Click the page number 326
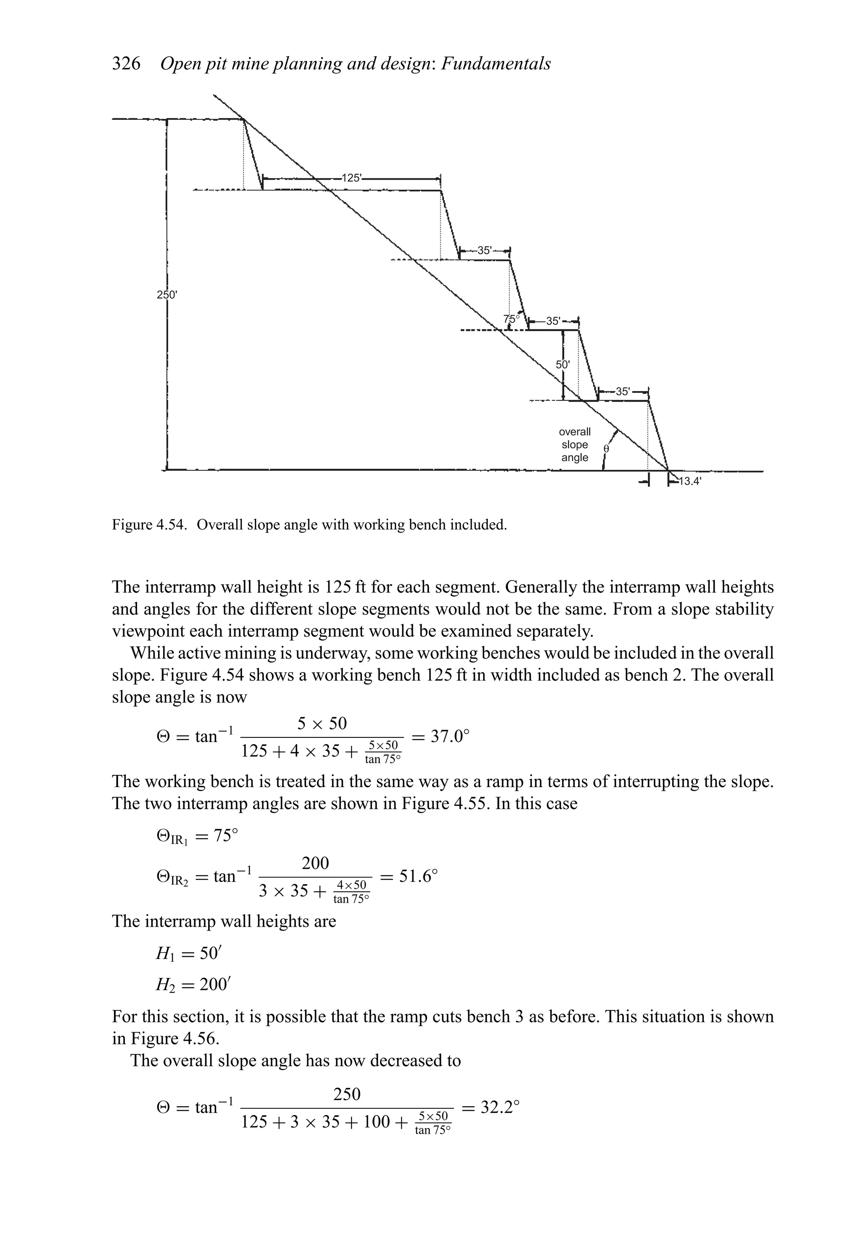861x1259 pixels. point(126,64)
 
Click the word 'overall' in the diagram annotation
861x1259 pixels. point(575,432)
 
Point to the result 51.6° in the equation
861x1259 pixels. point(417,876)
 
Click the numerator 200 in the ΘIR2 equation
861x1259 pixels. point(315,863)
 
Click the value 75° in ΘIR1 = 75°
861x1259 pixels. point(225,835)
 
